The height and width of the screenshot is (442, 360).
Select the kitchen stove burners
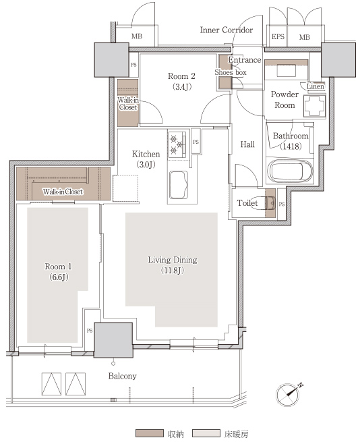click(177, 144)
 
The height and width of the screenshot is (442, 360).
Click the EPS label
click(278, 36)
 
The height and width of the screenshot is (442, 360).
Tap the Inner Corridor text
click(227, 30)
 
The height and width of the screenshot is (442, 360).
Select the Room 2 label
click(182, 76)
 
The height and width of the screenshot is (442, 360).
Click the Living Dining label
click(173, 260)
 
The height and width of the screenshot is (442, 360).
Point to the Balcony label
click(122, 376)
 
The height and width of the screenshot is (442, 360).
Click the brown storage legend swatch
click(149, 433)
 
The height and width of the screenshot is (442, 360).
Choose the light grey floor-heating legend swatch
click(206, 433)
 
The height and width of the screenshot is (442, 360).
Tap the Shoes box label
click(231, 72)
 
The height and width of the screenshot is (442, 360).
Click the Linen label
click(316, 86)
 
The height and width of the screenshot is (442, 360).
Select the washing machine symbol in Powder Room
click(315, 106)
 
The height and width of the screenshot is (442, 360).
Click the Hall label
click(247, 144)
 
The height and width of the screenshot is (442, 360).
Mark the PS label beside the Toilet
click(282, 204)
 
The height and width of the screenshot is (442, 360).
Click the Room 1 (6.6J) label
click(58, 272)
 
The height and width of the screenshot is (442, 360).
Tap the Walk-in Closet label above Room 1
click(63, 192)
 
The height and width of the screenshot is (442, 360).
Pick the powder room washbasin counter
click(287, 70)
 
